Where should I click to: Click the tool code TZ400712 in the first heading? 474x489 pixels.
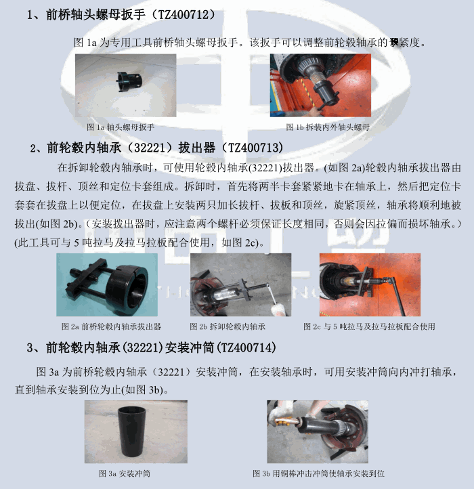point(183,15)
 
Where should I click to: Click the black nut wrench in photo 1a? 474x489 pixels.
point(129,83)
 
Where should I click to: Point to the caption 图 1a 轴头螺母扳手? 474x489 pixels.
point(121,127)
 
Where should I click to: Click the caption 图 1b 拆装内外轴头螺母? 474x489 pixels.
point(328,127)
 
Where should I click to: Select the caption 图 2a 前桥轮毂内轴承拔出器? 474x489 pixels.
point(111,326)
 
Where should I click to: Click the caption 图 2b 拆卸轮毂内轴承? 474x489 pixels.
point(228,326)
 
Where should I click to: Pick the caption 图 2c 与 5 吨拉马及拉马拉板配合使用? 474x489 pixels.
point(369,326)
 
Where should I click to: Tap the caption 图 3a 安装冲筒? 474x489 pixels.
point(125,473)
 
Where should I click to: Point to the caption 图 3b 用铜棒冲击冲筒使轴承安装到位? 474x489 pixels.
point(318,473)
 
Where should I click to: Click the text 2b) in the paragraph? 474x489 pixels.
point(71,224)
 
